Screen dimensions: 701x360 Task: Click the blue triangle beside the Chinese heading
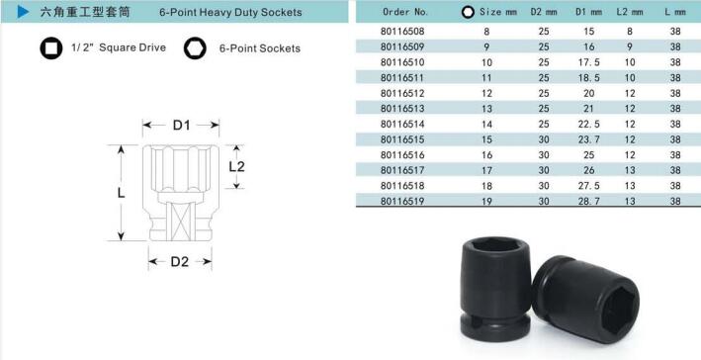pos(23,12)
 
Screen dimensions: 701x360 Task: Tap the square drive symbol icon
pos(51,47)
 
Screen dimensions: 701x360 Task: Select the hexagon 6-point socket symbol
pos(195,47)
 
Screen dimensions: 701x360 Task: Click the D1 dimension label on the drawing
pos(182,126)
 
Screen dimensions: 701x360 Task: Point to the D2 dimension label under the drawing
pos(180,262)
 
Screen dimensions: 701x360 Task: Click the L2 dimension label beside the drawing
pos(236,167)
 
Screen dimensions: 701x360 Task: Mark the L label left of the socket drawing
pos(122,193)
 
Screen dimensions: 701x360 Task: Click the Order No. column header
pos(405,12)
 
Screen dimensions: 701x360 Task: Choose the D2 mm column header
pos(544,12)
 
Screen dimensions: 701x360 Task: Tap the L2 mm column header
pos(630,12)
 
